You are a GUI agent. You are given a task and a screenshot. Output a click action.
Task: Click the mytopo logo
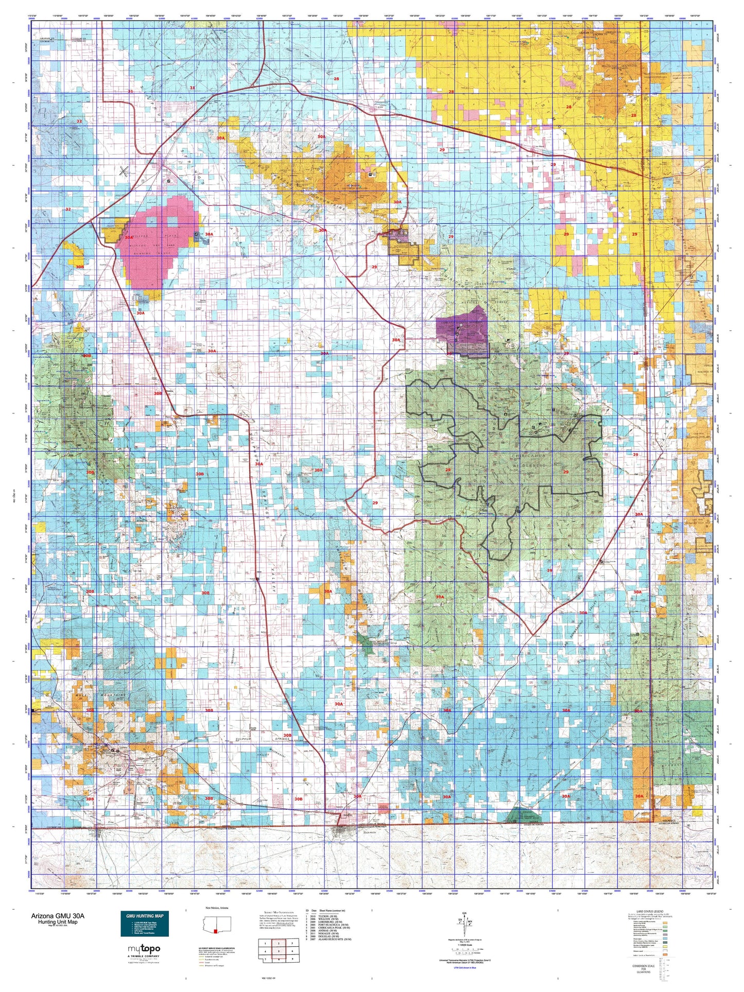point(144,948)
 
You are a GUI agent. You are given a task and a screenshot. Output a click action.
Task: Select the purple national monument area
point(461,332)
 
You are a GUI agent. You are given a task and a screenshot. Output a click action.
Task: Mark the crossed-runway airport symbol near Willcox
point(124,171)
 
